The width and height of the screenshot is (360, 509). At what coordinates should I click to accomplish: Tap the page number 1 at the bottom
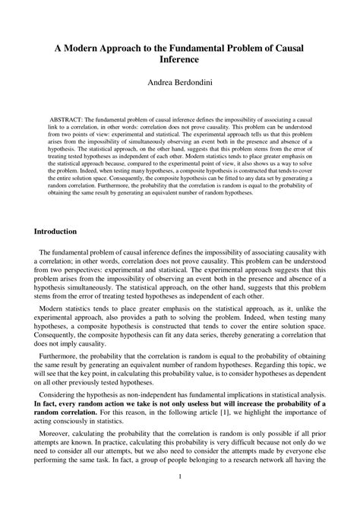[180, 498]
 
